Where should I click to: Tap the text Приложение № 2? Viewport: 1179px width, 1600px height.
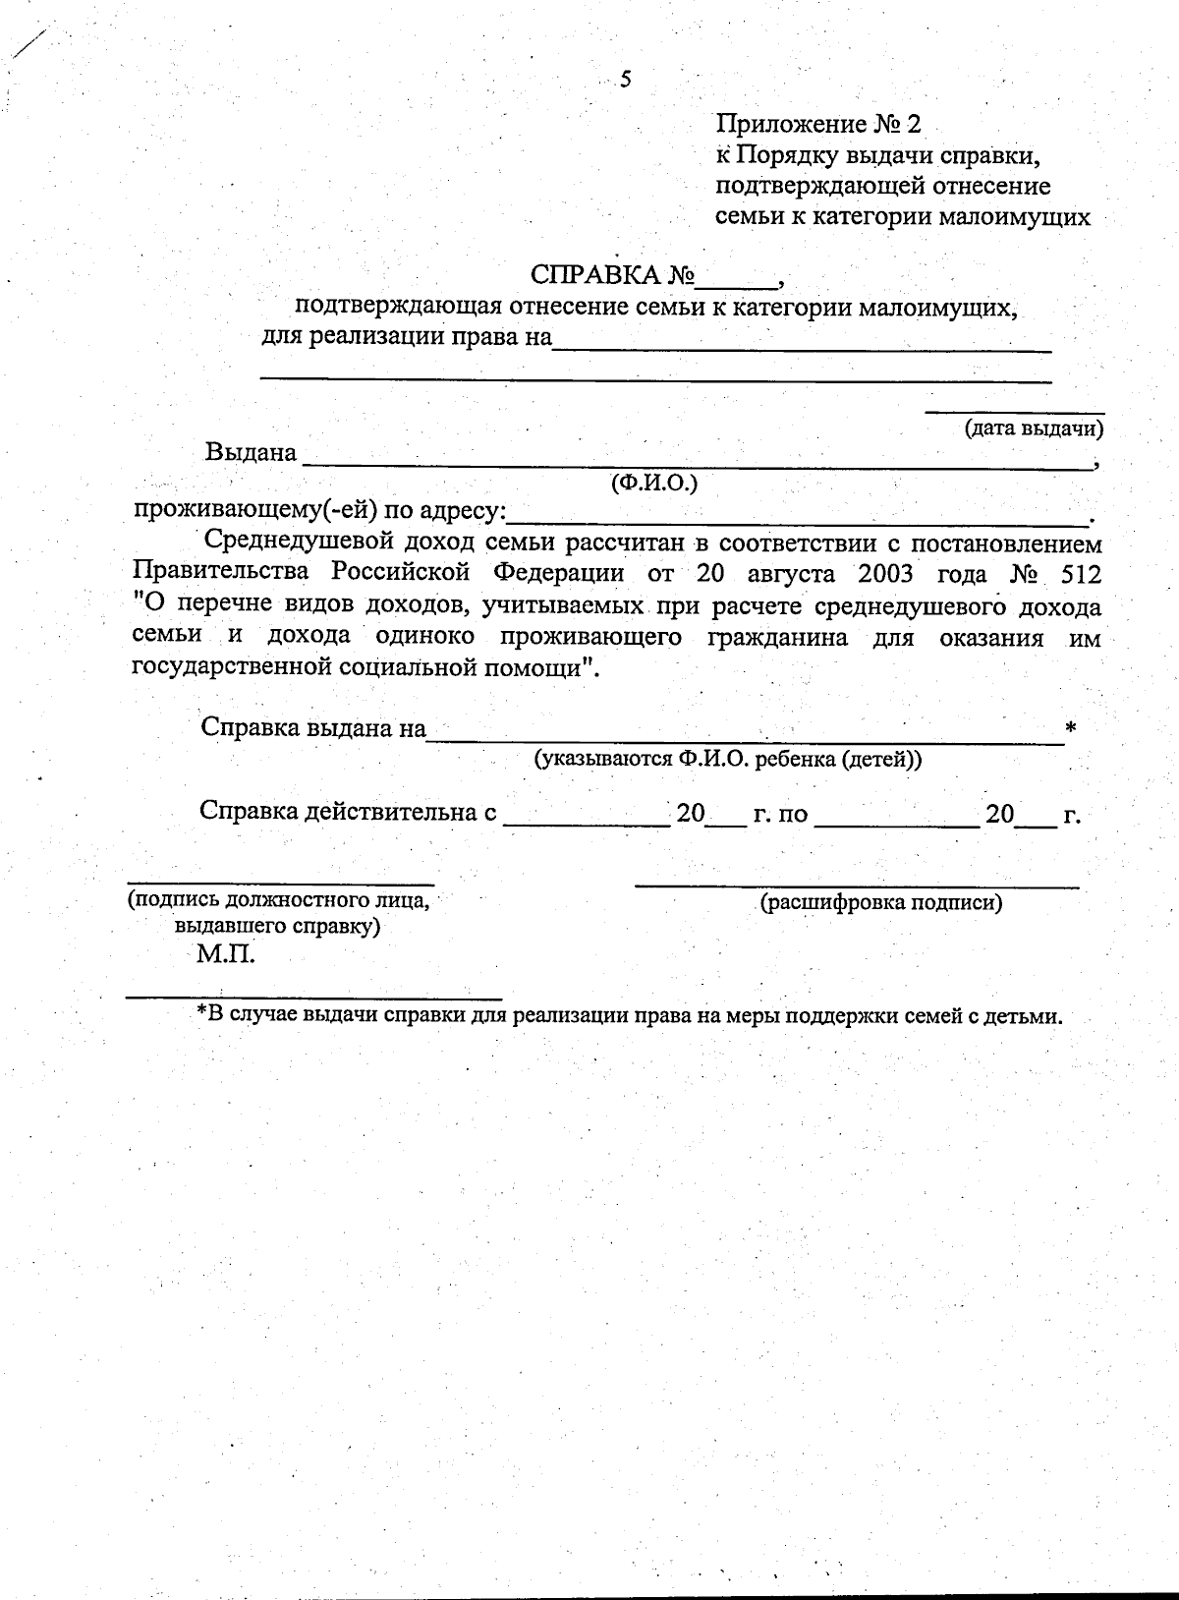tap(819, 125)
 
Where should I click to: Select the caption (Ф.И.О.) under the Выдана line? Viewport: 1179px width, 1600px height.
tap(653, 483)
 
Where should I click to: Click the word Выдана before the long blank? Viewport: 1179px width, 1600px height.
tap(251, 453)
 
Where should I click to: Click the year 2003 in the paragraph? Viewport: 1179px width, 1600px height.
tap(886, 574)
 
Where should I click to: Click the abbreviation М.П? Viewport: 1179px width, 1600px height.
tap(225, 954)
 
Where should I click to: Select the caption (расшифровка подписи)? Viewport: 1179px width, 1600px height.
tap(881, 903)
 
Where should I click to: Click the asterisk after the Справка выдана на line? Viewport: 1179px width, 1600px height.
tap(1071, 728)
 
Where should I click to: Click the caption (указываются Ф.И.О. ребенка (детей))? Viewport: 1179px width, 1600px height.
tap(727, 760)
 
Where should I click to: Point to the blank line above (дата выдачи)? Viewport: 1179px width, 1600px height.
tap(1015, 412)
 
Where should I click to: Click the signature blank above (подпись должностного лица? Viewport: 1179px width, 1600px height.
tap(281, 881)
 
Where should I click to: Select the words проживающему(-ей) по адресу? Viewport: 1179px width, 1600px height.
tap(320, 511)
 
